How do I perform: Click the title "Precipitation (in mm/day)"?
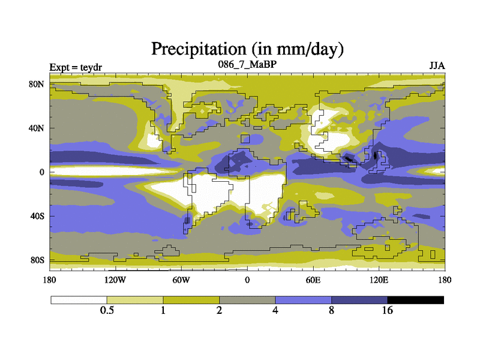[x=247, y=47]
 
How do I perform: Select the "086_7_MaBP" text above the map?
[x=247, y=64]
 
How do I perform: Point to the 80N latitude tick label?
[x=37, y=84]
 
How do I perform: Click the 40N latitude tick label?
[x=37, y=128]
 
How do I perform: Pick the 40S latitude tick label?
[x=38, y=216]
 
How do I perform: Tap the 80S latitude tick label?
[x=38, y=260]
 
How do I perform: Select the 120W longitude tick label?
[x=115, y=280]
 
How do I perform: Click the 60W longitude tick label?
[x=181, y=280]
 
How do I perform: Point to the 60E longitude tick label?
[x=313, y=280]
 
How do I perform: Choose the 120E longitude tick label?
[x=379, y=280]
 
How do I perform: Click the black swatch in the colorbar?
[x=416, y=299]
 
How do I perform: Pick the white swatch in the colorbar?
[x=79, y=299]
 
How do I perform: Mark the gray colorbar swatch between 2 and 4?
[x=247, y=299]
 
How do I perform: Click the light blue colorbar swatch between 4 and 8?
[x=304, y=299]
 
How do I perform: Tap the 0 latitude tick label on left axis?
[x=42, y=172]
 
